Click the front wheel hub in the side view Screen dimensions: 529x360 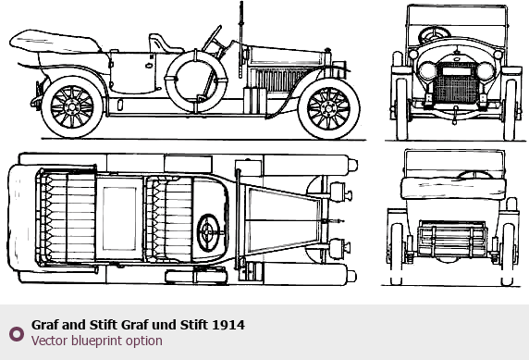tap(328, 109)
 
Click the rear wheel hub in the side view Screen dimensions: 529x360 tap(71, 107)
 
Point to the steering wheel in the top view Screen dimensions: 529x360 tap(208, 232)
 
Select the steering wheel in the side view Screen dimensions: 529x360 tap(212, 38)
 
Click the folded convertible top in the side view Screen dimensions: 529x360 tap(55, 42)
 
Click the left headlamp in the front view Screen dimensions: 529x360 tap(427, 71)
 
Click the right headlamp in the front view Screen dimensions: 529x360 tap(486, 71)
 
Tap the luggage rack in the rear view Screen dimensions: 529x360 tap(452, 241)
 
